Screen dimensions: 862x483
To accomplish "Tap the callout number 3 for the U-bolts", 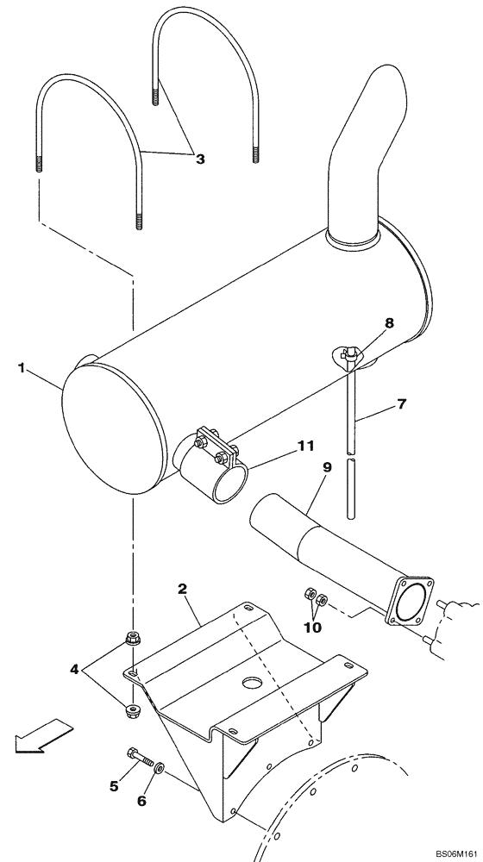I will [200, 159].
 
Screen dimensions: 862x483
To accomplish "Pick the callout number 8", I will [390, 323].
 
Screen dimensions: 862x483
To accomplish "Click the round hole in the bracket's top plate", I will [251, 683].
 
